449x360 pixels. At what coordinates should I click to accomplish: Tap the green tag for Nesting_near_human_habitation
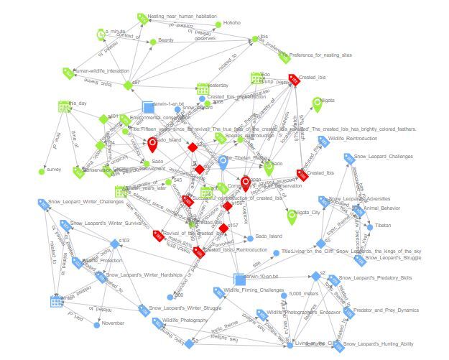coord(142,17)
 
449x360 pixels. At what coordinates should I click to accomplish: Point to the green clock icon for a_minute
coord(100,34)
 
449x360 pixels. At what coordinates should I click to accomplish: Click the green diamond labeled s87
coord(128,85)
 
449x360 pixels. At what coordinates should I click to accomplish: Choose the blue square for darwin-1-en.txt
coord(148,106)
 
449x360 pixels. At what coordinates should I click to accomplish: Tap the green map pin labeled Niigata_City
coord(292,215)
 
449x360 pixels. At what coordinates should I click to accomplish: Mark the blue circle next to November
coord(96,324)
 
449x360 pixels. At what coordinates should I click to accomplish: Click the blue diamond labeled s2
coord(314,276)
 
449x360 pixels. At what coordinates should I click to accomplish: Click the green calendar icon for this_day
coord(63,106)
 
